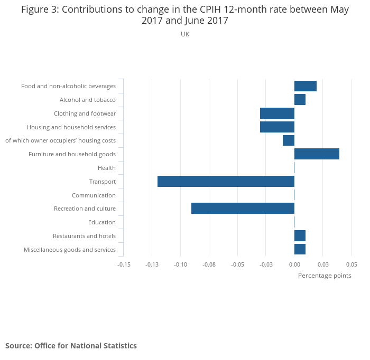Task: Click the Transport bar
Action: (x=226, y=182)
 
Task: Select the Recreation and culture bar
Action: (x=243, y=209)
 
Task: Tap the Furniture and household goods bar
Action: (x=317, y=154)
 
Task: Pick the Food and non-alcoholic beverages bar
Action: (x=306, y=86)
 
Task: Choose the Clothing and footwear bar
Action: (x=277, y=113)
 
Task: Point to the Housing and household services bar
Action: (x=277, y=127)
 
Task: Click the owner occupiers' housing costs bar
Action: (x=289, y=140)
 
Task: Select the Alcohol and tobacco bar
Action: (x=300, y=100)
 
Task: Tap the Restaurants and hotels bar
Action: (x=300, y=236)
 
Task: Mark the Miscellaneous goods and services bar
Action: (x=300, y=249)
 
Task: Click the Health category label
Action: (x=106, y=168)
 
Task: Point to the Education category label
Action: (x=101, y=222)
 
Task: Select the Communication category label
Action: (x=94, y=195)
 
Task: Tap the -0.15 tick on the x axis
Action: (x=124, y=264)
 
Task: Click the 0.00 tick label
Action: (x=294, y=264)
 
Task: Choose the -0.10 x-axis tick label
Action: (x=181, y=264)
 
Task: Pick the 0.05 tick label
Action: (x=351, y=264)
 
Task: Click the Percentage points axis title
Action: (x=325, y=276)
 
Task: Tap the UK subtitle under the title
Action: (x=185, y=34)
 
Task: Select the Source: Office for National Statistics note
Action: (x=71, y=346)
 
